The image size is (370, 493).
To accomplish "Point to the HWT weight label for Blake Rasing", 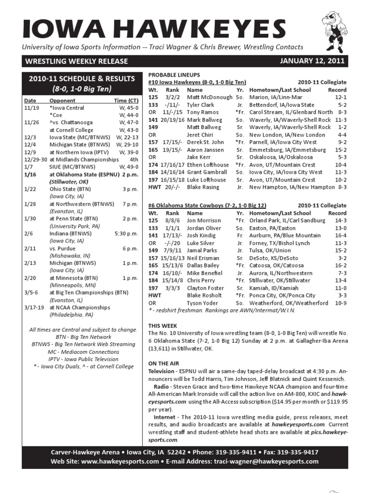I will pyautogui.click(x=155, y=187).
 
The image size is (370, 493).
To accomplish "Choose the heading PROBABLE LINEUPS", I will pyautogui.click(x=174, y=75).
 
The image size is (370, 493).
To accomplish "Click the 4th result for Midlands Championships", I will pyautogui.click(x=134, y=159).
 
